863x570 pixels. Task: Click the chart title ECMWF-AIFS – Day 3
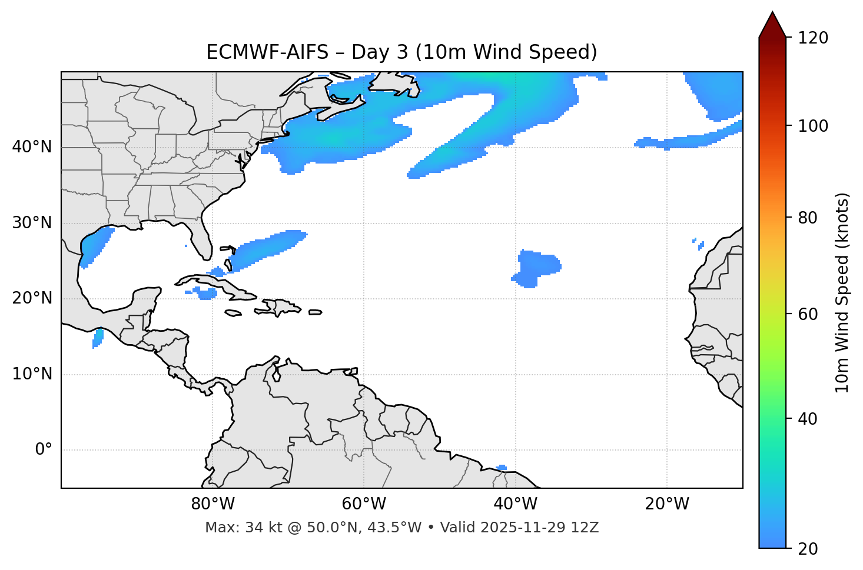tap(401, 52)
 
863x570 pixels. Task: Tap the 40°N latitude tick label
tap(32, 147)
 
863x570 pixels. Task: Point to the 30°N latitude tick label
tap(32, 223)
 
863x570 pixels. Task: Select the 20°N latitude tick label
tap(32, 298)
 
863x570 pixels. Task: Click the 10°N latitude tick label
tap(32, 374)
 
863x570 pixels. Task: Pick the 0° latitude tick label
tap(44, 450)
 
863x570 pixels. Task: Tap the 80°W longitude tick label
tap(213, 504)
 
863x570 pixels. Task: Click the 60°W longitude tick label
tap(364, 504)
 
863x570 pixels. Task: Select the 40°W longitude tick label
tap(515, 504)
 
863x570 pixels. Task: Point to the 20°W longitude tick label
tap(666, 504)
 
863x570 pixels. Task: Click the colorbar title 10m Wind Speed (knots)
tap(842, 292)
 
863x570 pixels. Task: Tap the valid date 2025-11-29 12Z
tap(539, 528)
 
